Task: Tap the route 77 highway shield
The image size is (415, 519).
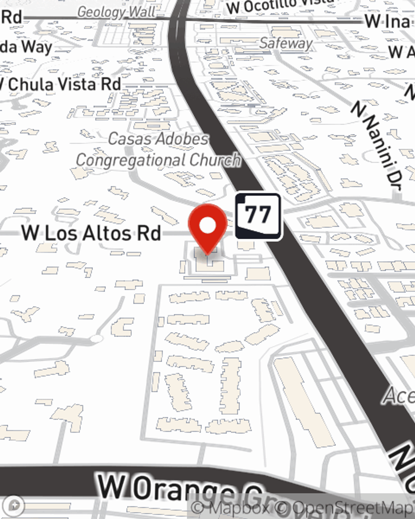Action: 258,216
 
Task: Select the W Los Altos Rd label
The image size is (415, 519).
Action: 91,233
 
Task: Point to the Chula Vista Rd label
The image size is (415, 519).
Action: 62,85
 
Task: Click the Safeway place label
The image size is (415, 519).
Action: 286,43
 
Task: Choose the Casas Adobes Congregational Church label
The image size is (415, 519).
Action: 158,149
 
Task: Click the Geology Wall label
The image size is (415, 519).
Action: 116,12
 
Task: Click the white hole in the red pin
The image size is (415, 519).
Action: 208,225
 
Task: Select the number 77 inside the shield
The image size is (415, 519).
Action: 258,215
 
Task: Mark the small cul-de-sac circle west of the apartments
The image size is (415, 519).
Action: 96,339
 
